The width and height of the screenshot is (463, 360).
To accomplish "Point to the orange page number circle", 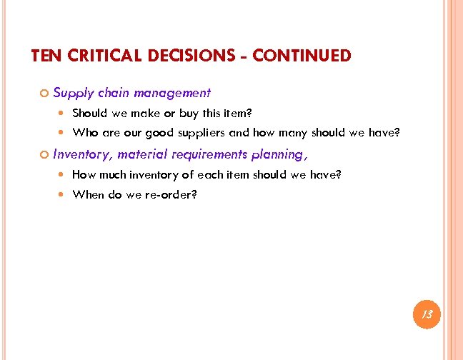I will (x=427, y=314).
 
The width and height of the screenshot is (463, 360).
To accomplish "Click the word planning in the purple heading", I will (x=277, y=154).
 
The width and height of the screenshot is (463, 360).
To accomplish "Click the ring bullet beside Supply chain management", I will (x=44, y=94).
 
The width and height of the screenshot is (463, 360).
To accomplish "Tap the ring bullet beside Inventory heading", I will (x=44, y=154).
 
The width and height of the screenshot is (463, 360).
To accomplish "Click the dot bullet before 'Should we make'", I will (x=64, y=113).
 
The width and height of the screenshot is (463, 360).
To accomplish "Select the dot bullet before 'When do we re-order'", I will (x=64, y=194).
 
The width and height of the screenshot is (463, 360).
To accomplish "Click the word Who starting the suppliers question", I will (x=85, y=133).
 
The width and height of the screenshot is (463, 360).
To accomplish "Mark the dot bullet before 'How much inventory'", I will (x=64, y=174).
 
